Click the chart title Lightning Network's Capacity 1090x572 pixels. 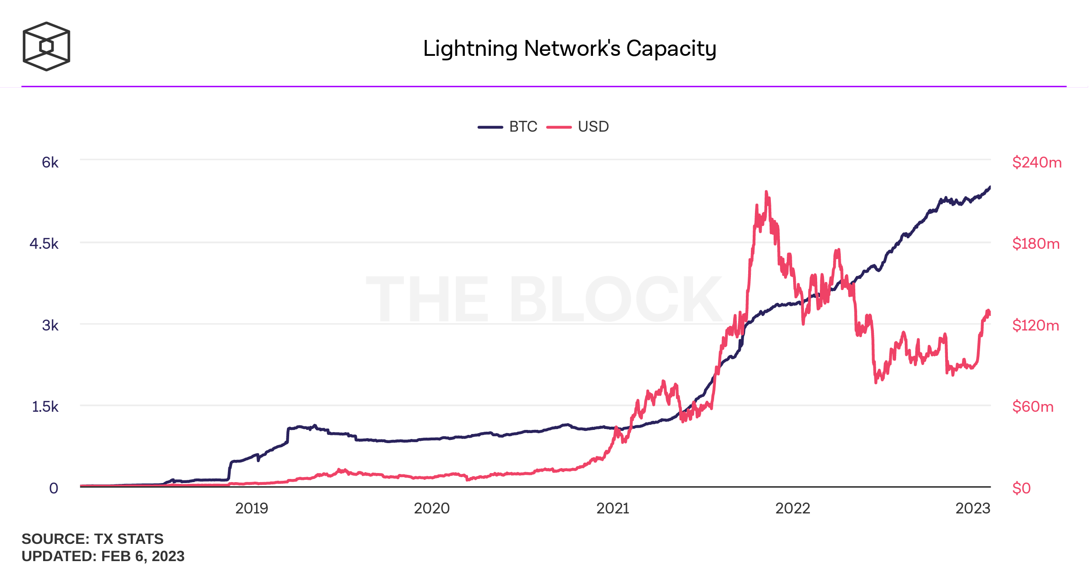569,49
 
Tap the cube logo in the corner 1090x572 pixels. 46,46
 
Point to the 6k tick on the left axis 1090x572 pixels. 50,163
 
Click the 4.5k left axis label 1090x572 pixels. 44,244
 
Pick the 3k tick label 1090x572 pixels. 50,325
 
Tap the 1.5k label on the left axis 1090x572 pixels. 45,407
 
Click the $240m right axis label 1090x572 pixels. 1037,163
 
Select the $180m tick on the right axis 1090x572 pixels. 1036,244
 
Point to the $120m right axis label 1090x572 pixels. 1036,325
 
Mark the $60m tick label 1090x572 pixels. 1033,407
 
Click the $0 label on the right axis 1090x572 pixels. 1021,488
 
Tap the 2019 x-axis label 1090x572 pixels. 252,508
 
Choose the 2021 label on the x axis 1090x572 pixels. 613,508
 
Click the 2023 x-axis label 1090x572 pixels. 973,508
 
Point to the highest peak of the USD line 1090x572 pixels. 766,192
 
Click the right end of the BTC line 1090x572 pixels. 990,187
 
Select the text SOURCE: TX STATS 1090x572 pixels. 93,539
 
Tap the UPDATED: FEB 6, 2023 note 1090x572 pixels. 103,556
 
